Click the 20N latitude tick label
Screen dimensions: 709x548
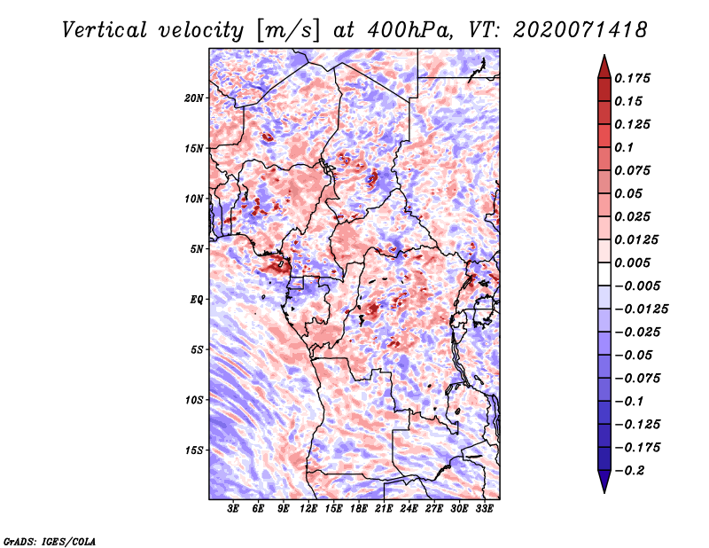coord(193,98)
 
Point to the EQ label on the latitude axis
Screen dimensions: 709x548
coord(197,300)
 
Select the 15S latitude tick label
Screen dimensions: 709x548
coord(194,450)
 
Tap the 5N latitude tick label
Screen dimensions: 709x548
coord(197,249)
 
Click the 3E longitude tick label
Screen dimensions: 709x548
coord(233,509)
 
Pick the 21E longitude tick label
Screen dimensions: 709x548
coord(384,509)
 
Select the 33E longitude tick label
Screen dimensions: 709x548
coord(484,509)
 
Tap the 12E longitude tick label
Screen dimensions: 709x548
coord(308,509)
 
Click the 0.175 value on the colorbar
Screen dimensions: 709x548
coord(632,78)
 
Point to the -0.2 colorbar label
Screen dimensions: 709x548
coord(629,471)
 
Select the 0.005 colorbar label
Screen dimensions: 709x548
coord(632,262)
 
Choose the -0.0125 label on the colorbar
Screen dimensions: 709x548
coord(641,309)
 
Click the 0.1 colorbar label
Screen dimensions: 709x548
coord(624,147)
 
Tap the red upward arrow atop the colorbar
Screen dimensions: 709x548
coord(604,67)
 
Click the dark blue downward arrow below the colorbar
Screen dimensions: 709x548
coord(604,481)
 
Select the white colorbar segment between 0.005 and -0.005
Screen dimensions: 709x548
coord(604,274)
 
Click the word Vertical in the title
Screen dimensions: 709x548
coord(105,30)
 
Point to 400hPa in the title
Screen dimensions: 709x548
coord(409,30)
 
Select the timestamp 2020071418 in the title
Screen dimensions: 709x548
coord(580,30)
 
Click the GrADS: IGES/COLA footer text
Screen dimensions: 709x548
coord(50,542)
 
